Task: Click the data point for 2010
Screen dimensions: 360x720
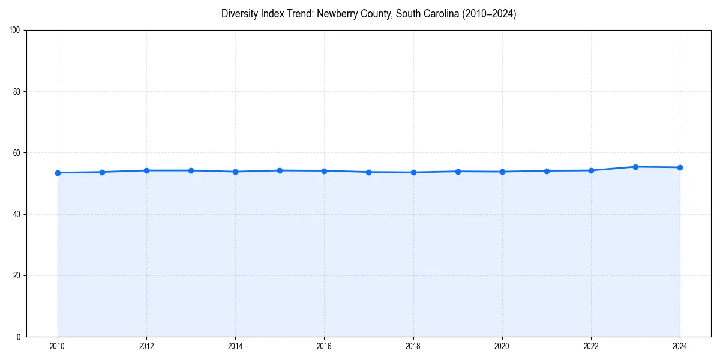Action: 58,173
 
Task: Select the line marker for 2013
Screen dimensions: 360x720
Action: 191,170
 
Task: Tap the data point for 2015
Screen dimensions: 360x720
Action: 280,170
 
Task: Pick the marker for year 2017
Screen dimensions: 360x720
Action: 368,172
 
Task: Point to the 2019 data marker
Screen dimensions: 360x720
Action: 458,172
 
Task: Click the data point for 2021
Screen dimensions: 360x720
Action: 547,171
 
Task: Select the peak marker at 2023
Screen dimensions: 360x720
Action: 635,167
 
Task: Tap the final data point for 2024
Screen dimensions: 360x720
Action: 680,167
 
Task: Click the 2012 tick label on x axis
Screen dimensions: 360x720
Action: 146,346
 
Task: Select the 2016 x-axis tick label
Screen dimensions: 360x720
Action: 324,346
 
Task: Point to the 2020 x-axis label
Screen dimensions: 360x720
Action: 502,346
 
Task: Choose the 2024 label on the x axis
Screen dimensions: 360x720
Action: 680,346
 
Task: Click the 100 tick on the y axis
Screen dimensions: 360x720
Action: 15,31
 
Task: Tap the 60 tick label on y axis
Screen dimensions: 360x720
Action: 17,153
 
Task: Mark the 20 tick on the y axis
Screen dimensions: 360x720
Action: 17,275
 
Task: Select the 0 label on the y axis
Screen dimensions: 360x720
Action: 19,337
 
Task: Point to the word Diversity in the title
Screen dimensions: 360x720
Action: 238,14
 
